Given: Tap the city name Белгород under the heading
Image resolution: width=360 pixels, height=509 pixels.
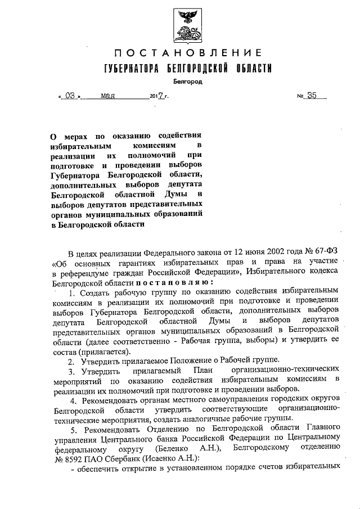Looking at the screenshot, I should [x=187, y=83].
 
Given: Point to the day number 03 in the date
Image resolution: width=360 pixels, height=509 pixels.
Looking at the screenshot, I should [x=70, y=96].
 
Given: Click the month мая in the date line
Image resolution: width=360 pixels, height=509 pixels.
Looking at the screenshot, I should [x=107, y=96].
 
